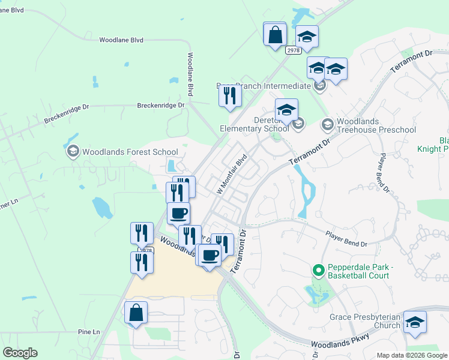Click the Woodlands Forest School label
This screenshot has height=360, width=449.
[130, 152]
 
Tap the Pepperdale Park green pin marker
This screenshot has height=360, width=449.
[319, 271]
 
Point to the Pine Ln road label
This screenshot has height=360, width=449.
[88, 332]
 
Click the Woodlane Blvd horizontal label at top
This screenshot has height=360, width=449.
[121, 40]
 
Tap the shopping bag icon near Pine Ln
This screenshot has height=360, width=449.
[136, 313]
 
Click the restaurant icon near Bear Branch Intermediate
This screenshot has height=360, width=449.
[229, 95]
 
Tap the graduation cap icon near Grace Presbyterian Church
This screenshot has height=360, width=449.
[415, 322]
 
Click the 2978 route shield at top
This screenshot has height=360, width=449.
[292, 50]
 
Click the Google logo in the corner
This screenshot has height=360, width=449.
[20, 353]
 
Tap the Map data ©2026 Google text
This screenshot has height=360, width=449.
[412, 355]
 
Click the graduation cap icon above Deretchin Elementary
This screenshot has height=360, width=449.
[287, 110]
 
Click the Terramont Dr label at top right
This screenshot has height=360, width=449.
[411, 62]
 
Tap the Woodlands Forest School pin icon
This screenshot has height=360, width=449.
[73, 151]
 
